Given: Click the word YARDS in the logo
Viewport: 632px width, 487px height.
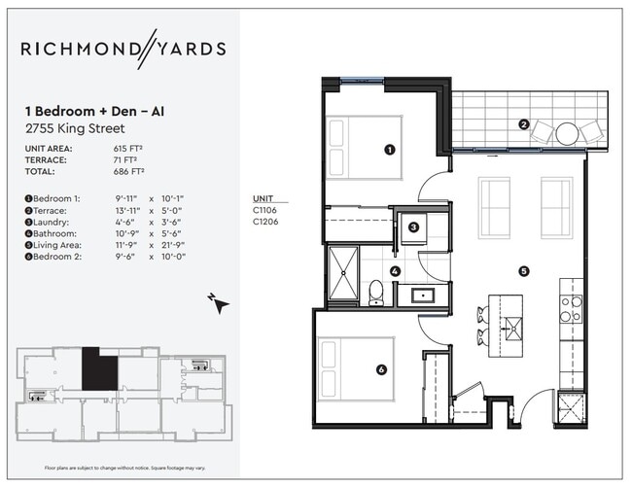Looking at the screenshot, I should tap(188, 49).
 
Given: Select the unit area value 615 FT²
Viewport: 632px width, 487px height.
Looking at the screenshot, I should tap(128, 148).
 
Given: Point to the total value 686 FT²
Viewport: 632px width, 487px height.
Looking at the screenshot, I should tap(128, 171).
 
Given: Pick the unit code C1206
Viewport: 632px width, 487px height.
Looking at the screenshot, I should tap(265, 222).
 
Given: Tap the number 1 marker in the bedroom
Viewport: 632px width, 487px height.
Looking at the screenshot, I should tap(389, 150).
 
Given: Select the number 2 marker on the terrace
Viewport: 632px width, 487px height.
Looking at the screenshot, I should tap(523, 124).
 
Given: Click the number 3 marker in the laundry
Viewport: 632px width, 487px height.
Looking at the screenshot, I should tap(413, 227).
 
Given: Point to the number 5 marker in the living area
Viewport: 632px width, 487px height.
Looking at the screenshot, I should tap(524, 271).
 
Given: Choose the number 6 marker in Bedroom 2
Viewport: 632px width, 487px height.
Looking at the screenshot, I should tap(381, 369).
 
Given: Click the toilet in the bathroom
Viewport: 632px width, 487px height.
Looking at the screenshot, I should tap(375, 293).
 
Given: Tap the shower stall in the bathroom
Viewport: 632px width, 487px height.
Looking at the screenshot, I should tap(342, 275).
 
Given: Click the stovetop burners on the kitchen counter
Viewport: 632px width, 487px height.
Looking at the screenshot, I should tap(572, 308).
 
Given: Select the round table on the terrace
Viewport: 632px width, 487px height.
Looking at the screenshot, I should tap(568, 133).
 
